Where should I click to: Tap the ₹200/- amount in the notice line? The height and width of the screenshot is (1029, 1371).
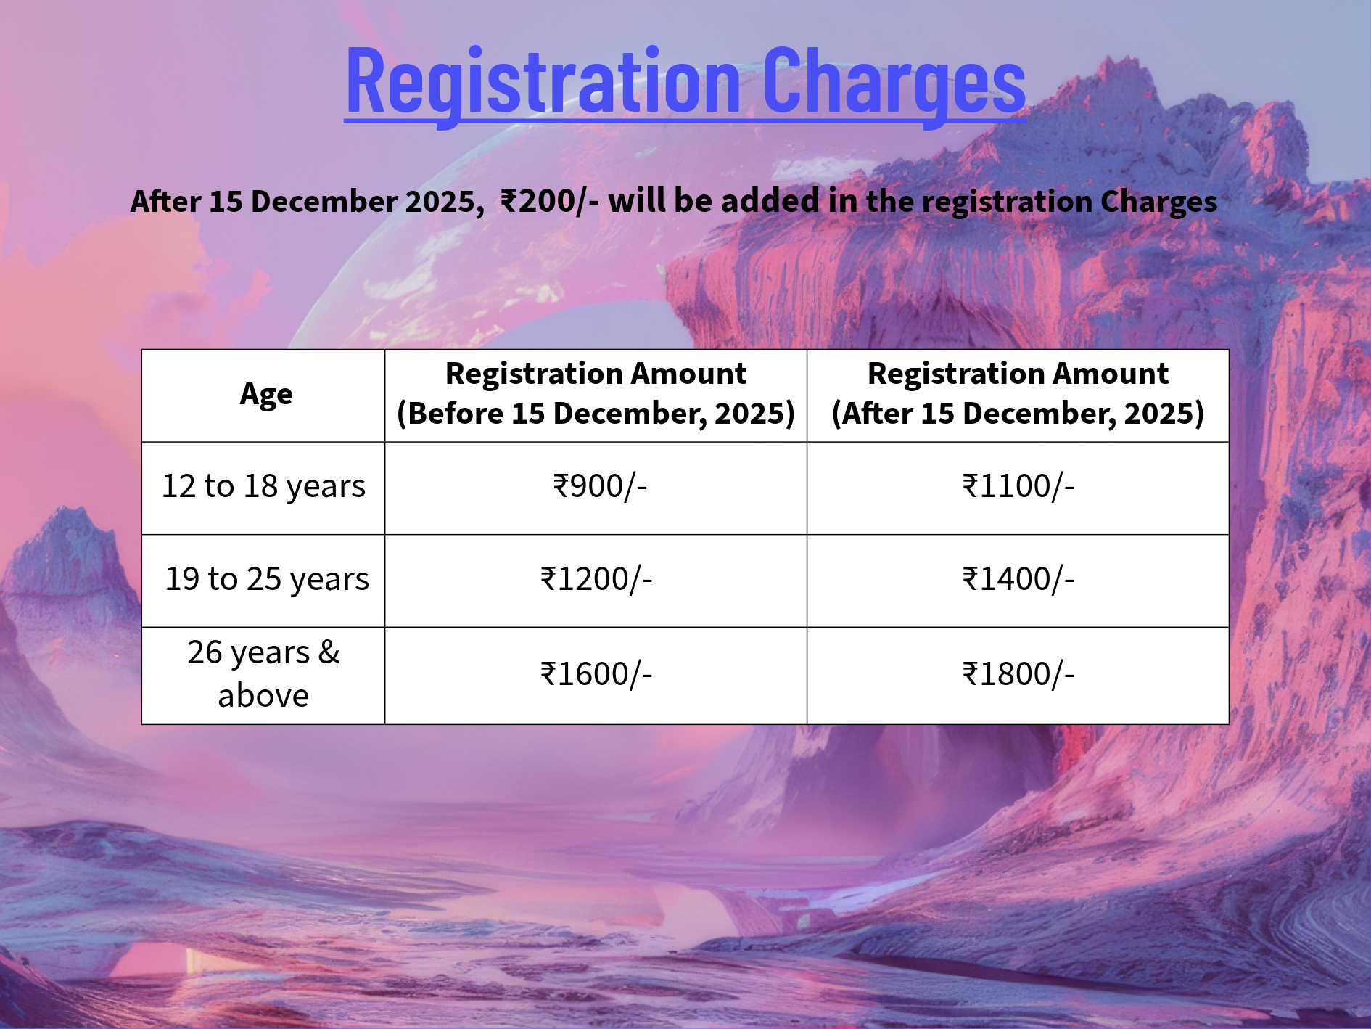549,201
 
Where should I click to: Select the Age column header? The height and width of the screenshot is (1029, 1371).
266,395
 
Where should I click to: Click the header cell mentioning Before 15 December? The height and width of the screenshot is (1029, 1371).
596,394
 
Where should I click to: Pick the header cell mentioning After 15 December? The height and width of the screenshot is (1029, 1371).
1018,394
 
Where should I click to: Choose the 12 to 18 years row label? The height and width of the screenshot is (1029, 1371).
263,486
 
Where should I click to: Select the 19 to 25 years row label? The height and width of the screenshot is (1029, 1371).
267,579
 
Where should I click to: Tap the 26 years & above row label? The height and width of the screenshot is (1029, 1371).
263,674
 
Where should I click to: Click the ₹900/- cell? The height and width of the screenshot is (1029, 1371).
599,486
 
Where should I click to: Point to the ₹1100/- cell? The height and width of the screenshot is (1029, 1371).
1018,486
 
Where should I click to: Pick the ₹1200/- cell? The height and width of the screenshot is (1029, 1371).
596,579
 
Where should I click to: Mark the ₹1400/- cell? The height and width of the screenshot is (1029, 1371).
1018,579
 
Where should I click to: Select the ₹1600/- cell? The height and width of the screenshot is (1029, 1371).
596,674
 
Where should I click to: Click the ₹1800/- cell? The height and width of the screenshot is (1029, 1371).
1018,674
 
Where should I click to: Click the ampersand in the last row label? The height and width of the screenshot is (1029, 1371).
329,652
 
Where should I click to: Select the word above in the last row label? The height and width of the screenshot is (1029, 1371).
263,696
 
